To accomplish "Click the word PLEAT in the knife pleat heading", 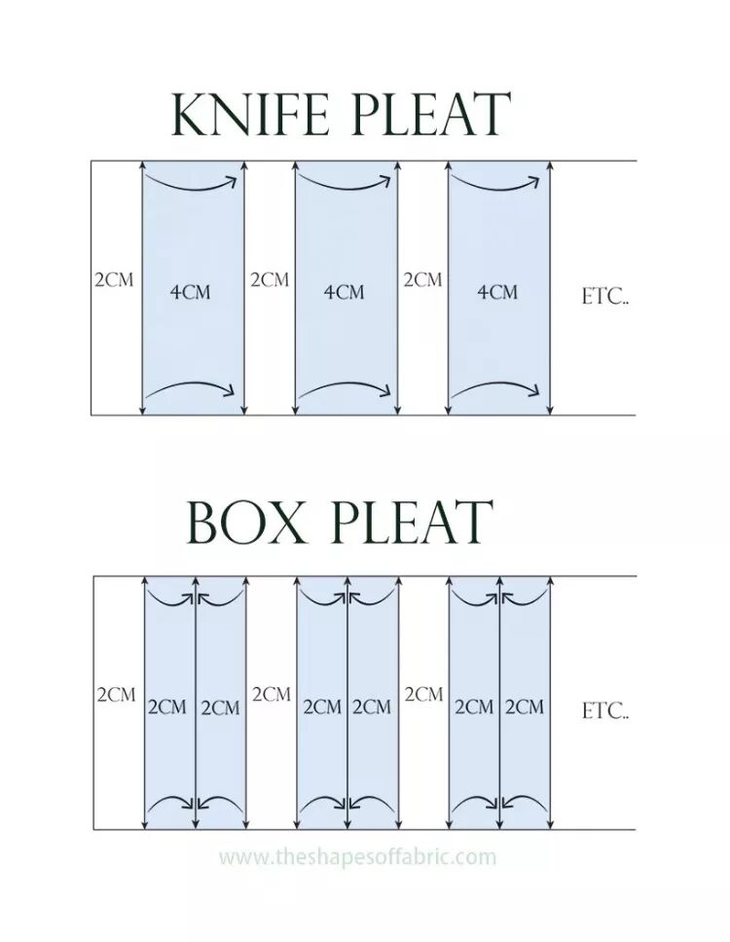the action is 429,115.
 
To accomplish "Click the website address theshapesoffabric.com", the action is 357,857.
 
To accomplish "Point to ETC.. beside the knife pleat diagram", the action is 605,297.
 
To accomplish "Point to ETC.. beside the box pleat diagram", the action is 605,711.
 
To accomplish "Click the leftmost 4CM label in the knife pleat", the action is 191,292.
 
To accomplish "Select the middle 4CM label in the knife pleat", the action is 345,292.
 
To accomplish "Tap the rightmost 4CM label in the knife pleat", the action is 497,292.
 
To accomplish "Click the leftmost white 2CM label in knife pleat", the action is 114,280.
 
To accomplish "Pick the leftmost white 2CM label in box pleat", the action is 116,695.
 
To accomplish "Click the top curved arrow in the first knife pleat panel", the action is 192,182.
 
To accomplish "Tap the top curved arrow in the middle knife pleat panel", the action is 346,182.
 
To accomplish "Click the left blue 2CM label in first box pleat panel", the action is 167,707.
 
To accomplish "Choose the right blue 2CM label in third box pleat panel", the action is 525,707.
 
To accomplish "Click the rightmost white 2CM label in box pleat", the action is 423,695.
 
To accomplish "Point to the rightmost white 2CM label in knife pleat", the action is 422,280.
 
